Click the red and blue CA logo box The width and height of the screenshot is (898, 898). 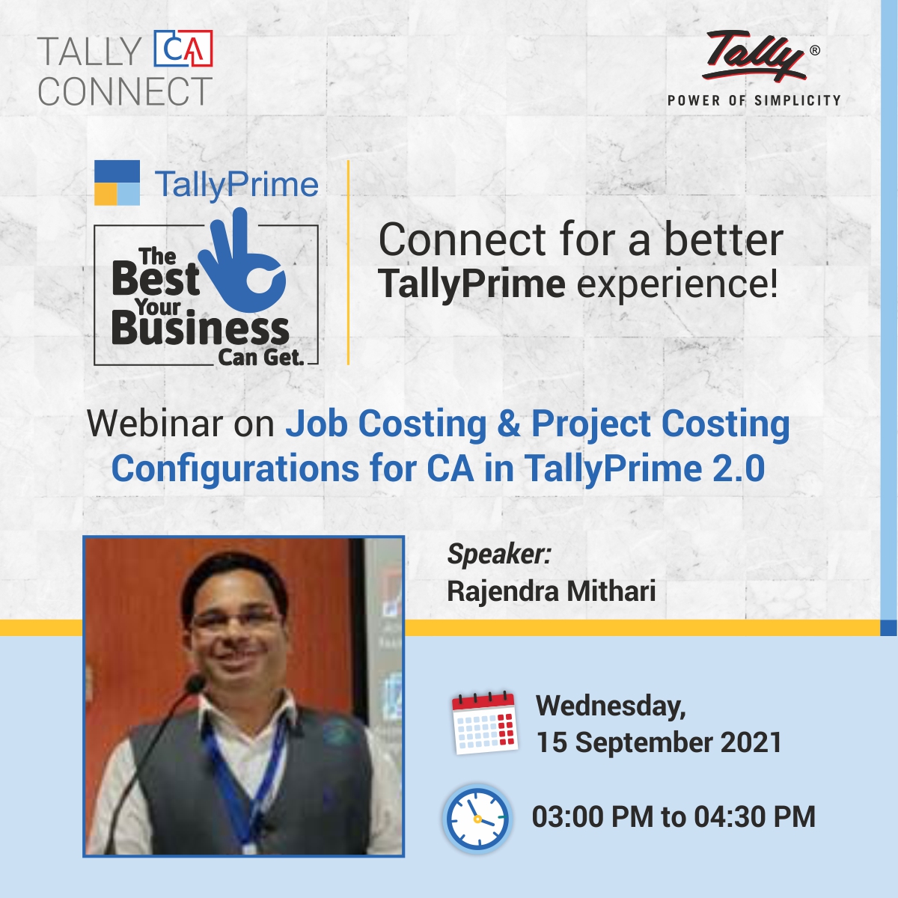183,49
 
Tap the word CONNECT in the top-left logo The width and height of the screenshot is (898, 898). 125,92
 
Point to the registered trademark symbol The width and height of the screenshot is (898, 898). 814,51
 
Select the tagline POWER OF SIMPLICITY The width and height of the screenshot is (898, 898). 754,100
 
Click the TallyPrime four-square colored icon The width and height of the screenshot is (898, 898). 117,183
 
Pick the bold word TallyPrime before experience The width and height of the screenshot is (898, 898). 471,285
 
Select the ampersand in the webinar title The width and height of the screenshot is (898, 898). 508,424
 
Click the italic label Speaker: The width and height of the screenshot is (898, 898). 498,554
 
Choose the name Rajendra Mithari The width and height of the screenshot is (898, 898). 551,591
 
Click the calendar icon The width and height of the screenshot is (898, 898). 485,722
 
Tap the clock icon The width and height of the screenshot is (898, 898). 477,819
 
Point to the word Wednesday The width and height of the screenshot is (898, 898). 610,706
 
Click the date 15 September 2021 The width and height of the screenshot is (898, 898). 659,742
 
